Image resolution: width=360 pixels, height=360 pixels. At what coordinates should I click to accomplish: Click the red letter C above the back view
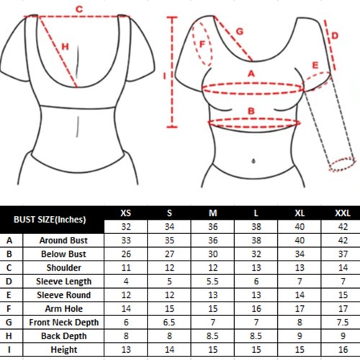pyautogui.click(x=79, y=9)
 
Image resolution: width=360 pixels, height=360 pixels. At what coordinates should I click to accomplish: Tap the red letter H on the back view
pyautogui.click(x=65, y=47)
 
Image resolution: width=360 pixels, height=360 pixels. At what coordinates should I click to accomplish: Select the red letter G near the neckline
pyautogui.click(x=240, y=32)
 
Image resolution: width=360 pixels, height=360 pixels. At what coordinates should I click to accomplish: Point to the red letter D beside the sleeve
pyautogui.click(x=335, y=36)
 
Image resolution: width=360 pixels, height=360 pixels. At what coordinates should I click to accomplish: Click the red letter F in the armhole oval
pyautogui.click(x=202, y=45)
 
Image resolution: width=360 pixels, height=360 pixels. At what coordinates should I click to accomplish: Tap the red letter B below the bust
pyautogui.click(x=251, y=111)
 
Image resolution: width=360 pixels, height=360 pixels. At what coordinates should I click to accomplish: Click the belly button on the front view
pyautogui.click(x=253, y=161)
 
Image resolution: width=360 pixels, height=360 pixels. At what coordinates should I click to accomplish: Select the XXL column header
pyautogui.click(x=343, y=213)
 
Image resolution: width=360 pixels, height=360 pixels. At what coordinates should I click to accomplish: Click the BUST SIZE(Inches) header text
pyautogui.click(x=50, y=220)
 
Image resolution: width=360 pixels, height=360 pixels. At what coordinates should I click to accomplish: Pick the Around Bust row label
pyautogui.click(x=63, y=240)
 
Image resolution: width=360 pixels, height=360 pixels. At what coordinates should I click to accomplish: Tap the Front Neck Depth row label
pyautogui.click(x=64, y=323)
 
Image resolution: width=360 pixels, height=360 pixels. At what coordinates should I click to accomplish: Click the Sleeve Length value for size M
pyautogui.click(x=212, y=282)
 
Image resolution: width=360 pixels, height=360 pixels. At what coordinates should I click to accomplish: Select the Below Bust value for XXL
pyautogui.click(x=343, y=254)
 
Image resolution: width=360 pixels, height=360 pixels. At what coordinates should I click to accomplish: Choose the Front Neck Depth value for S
pyautogui.click(x=169, y=323)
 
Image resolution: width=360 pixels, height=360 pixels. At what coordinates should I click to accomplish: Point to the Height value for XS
pyautogui.click(x=126, y=350)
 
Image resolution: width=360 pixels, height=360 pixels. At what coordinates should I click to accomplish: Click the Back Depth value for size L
pyautogui.click(x=256, y=336)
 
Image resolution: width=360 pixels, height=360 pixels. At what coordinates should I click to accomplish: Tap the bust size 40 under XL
pyautogui.click(x=300, y=227)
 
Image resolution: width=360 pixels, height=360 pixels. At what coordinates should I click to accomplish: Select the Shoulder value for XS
pyautogui.click(x=126, y=268)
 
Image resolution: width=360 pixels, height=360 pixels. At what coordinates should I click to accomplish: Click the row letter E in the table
pyautogui.click(x=9, y=295)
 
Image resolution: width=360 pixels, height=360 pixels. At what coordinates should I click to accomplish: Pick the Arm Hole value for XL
pyautogui.click(x=300, y=309)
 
